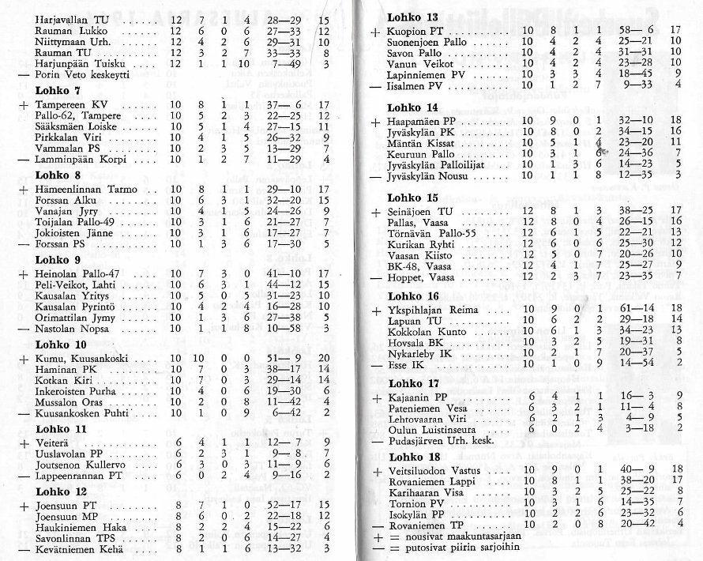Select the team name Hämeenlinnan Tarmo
pos(87,190)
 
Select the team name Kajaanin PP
pos(418,395)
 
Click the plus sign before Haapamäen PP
pos(374,122)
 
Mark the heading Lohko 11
pos(60,429)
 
